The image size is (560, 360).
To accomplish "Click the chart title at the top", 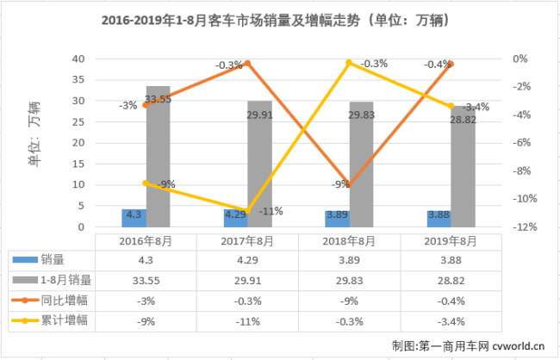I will pyautogui.click(x=280, y=18).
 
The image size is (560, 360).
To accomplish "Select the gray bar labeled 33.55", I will pyautogui.click(x=158, y=156).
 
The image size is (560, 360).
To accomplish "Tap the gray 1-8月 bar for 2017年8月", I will pyautogui.click(x=259, y=164).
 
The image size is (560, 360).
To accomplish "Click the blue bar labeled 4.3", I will pyautogui.click(x=134, y=218).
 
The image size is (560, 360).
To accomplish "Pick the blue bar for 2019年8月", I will pyautogui.click(x=439, y=219).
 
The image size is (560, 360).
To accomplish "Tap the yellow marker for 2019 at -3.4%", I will pyautogui.click(x=451, y=106).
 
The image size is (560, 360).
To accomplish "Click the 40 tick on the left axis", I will pyautogui.click(x=78, y=59).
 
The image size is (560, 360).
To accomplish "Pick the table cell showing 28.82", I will pyautogui.click(x=450, y=279).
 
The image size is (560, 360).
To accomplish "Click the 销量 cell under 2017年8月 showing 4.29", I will pyautogui.click(x=247, y=258).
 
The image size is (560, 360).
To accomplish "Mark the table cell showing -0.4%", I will pyautogui.click(x=450, y=300).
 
